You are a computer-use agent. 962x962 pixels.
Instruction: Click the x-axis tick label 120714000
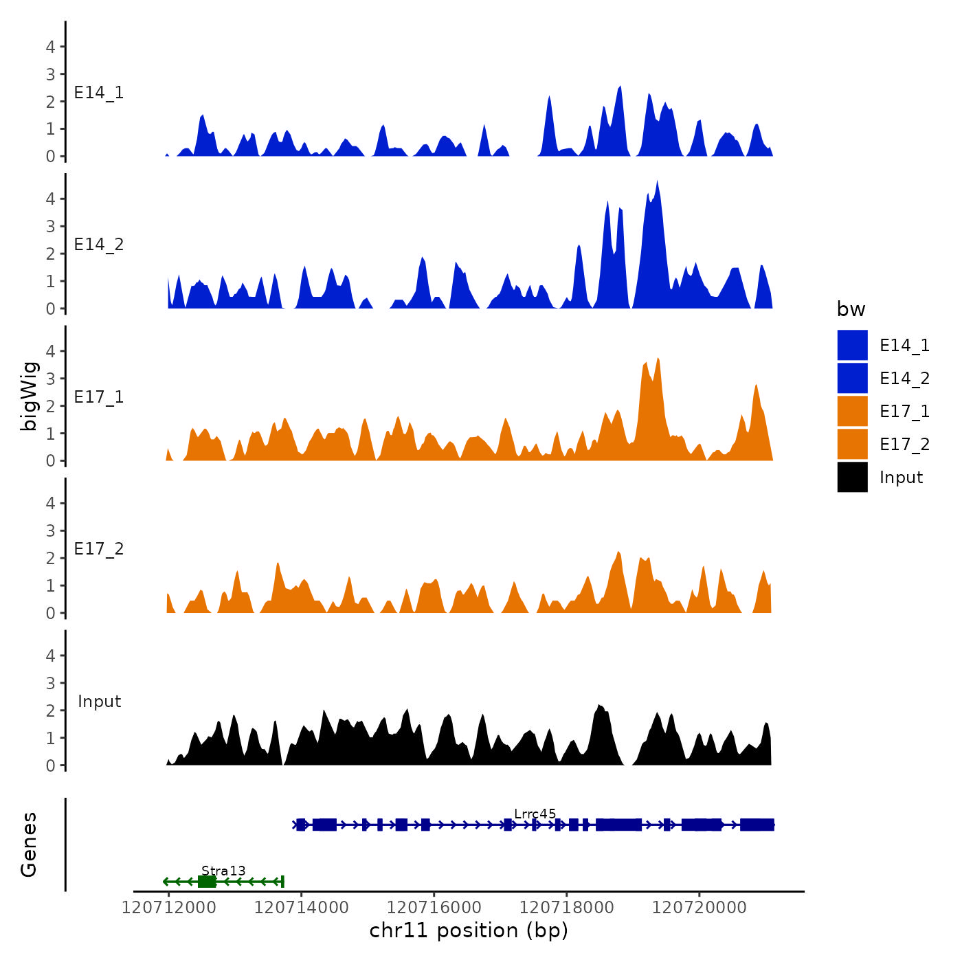click(x=301, y=908)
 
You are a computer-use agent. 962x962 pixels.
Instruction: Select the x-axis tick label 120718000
click(x=566, y=908)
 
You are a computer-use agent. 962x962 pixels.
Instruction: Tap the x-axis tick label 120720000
click(x=699, y=908)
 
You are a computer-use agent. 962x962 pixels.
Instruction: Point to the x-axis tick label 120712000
click(x=168, y=908)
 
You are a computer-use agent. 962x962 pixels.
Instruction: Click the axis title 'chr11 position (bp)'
click(x=469, y=930)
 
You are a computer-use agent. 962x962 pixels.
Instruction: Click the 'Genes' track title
click(x=29, y=844)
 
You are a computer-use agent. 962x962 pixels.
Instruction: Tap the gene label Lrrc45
click(x=535, y=814)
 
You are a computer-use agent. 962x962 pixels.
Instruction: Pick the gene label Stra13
click(x=223, y=871)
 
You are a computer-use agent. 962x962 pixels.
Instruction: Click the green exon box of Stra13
click(x=207, y=882)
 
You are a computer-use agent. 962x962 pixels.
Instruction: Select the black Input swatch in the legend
click(x=852, y=477)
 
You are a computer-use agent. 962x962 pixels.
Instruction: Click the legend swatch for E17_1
click(x=852, y=411)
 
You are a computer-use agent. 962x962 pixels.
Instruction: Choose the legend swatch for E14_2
click(x=852, y=378)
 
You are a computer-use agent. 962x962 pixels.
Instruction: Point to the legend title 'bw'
click(x=851, y=309)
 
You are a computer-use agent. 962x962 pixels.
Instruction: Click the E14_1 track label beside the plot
click(x=99, y=93)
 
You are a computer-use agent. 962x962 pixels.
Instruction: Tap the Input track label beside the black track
click(x=99, y=702)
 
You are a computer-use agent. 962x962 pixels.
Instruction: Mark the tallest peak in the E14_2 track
click(x=657, y=182)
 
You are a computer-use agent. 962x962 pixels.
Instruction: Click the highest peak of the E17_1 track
click(x=658, y=359)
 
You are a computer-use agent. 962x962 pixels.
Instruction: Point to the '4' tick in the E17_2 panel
click(x=50, y=503)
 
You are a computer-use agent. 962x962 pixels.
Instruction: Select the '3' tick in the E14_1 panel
click(x=50, y=74)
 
